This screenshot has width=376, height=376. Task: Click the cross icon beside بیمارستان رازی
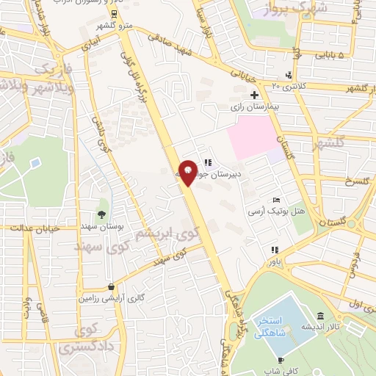click(255, 95)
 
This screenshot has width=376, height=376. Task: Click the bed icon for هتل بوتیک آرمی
click(276, 200)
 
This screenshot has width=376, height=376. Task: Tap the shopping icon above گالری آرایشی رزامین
click(110, 287)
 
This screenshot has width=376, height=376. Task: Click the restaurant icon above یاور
click(275, 249)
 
